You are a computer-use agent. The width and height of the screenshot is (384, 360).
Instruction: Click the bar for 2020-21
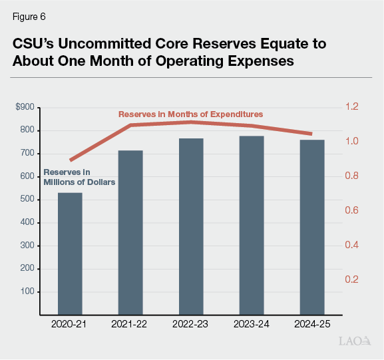pos(70,253)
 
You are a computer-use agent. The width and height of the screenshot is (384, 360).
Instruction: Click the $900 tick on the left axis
pos(27,107)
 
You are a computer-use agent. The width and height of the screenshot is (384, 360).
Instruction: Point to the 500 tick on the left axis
pos(29,200)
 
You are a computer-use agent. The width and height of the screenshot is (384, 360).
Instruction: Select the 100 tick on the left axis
pos(29,292)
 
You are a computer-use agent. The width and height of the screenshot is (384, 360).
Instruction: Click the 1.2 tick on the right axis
pos(351,107)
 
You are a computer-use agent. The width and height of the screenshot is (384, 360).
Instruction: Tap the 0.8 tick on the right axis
pos(351,176)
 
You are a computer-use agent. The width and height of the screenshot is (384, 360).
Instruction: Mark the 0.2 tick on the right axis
pos(351,279)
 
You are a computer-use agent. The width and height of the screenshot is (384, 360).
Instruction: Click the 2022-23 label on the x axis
pos(191,324)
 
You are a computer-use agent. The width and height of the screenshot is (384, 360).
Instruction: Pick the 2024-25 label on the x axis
pos(311,324)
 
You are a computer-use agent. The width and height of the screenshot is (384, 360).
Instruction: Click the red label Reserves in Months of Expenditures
pos(190,114)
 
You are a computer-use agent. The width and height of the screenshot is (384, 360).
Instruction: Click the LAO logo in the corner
pos(354,342)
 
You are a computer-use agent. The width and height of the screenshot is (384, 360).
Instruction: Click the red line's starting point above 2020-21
pos(71,160)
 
